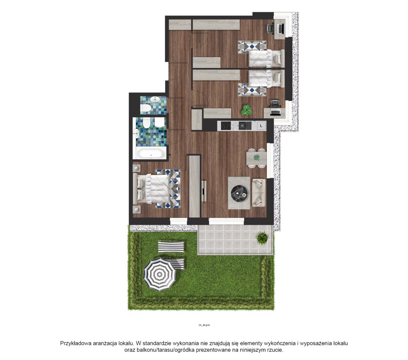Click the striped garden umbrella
(159, 274)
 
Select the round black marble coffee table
(239, 193)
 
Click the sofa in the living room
(259, 193)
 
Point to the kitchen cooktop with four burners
(226, 126)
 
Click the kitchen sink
(245, 126)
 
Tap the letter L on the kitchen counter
(261, 126)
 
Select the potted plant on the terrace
(262, 238)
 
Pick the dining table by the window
(257, 158)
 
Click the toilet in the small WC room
(146, 108)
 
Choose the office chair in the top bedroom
(270, 28)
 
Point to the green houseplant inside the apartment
(247, 110)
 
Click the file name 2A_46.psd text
(204, 325)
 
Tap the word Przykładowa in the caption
(76, 343)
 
